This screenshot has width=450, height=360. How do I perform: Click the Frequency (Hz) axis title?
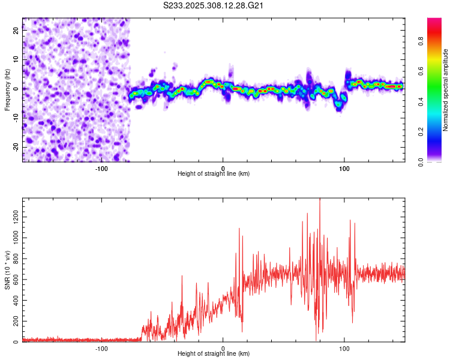click(7, 89)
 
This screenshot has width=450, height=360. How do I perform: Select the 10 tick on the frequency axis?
click(16, 60)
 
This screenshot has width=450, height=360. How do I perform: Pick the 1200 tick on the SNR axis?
click(12, 212)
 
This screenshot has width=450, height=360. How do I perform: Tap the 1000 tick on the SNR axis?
click(12, 238)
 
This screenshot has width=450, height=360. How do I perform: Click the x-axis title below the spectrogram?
click(214, 174)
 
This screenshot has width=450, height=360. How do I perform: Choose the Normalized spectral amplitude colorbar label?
click(446, 90)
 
